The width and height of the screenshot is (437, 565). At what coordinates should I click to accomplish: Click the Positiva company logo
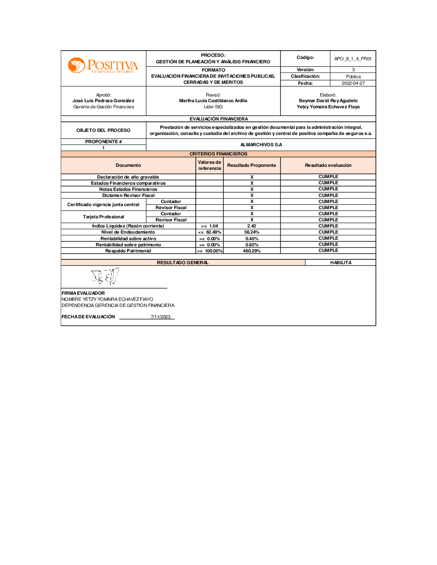coord(103,66)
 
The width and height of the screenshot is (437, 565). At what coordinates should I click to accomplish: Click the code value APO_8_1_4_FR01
coord(353,59)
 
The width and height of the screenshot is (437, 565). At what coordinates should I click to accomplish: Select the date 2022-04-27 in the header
coord(353,83)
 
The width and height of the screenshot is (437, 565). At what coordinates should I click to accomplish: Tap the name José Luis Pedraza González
coord(103,100)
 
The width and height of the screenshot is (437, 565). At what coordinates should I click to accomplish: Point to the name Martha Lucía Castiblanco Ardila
coord(213,100)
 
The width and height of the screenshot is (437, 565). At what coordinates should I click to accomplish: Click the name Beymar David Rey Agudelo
coord(328,100)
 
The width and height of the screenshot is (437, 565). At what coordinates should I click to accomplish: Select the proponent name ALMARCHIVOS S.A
coord(261,145)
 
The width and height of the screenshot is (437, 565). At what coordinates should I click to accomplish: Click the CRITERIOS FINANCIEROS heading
coord(218,154)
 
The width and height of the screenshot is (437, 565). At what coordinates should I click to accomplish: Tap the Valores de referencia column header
coord(209,165)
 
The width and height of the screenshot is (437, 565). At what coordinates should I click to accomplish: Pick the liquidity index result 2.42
coord(251,226)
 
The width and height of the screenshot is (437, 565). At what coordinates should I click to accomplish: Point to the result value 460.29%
coord(251,251)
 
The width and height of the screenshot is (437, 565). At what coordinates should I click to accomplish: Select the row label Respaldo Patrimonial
coord(128,251)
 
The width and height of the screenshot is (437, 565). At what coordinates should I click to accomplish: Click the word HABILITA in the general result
coord(340,262)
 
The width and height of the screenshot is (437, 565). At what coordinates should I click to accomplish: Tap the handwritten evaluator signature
coord(105,276)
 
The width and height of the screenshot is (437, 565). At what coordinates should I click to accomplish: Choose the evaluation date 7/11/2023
coord(160,317)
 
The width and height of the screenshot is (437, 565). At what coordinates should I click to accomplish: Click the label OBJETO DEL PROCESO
coord(103,130)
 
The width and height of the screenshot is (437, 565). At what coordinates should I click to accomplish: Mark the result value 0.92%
coord(251,245)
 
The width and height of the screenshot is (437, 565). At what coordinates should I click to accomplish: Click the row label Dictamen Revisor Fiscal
coord(128,195)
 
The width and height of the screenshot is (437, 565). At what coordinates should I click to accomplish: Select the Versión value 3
coord(353,70)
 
